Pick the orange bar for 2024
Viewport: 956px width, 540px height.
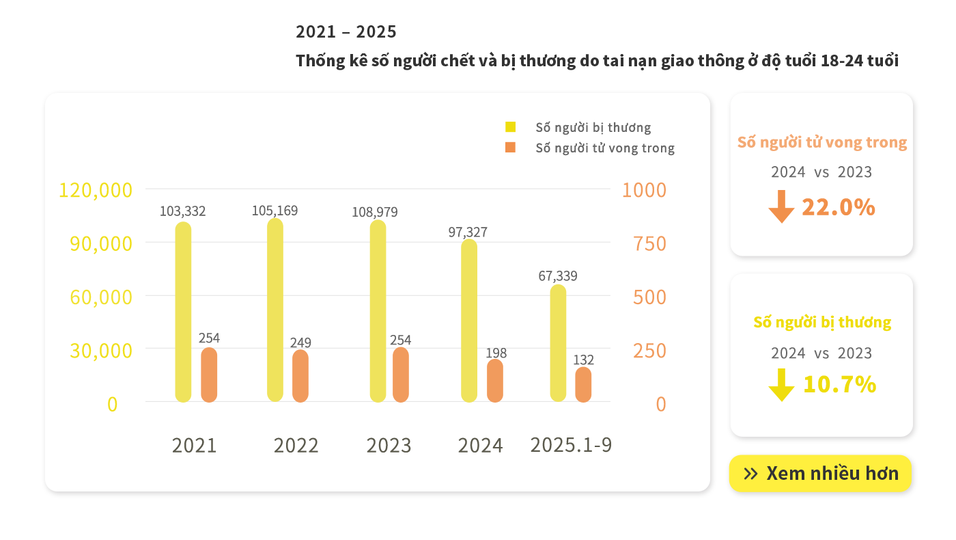point(495,381)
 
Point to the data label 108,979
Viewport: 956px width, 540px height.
point(375,212)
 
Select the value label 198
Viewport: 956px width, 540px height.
point(496,353)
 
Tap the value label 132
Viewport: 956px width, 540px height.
point(583,360)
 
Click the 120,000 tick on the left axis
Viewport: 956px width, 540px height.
point(96,190)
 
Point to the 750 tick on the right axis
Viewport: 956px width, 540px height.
point(650,243)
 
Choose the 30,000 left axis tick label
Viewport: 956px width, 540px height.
point(101,351)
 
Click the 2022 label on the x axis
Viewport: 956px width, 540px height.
point(296,446)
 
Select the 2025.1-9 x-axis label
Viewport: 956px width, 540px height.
point(571,445)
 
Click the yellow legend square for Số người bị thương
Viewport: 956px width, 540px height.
point(510,127)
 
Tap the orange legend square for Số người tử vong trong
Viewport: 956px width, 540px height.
point(510,148)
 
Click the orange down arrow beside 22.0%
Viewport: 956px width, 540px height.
point(781,206)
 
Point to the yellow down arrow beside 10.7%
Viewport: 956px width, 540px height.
point(781,385)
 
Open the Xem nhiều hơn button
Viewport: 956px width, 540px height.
point(820,474)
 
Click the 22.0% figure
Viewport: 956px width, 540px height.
point(839,207)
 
